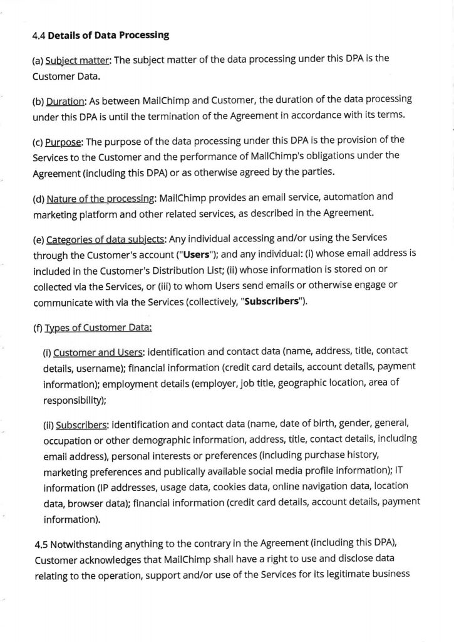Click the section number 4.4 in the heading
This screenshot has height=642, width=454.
click(x=39, y=36)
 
